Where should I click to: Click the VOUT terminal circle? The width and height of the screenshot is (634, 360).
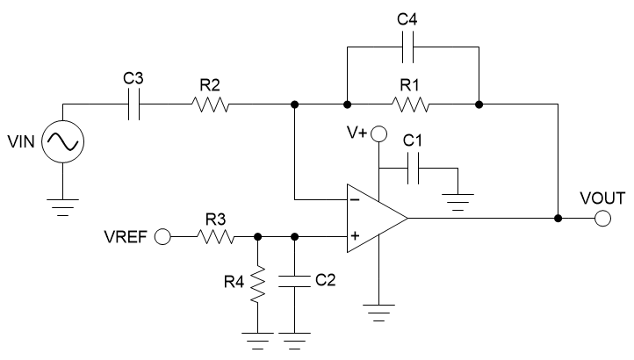pos(602,218)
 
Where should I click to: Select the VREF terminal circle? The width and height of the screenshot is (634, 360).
pos(162,237)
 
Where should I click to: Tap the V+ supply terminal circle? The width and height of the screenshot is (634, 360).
pos(378,134)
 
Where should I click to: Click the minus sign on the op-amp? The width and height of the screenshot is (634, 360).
pos(354,199)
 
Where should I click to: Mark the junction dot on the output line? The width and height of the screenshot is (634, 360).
pos(558,218)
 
